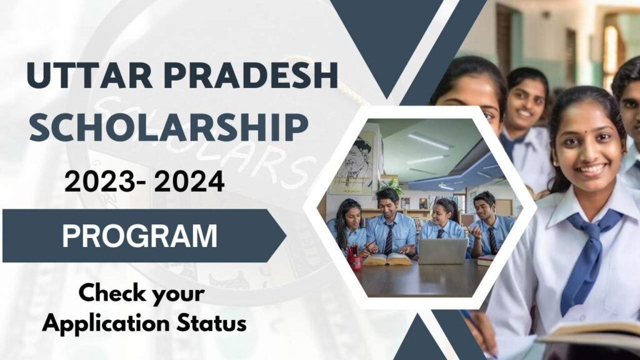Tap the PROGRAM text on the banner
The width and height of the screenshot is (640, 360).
(x=139, y=236)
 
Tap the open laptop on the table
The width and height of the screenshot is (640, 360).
(x=442, y=250)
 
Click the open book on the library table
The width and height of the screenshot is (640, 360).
(x=387, y=257)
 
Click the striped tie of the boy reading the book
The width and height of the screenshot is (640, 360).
(x=388, y=238)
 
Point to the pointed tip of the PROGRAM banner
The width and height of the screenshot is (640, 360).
(x=284, y=236)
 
